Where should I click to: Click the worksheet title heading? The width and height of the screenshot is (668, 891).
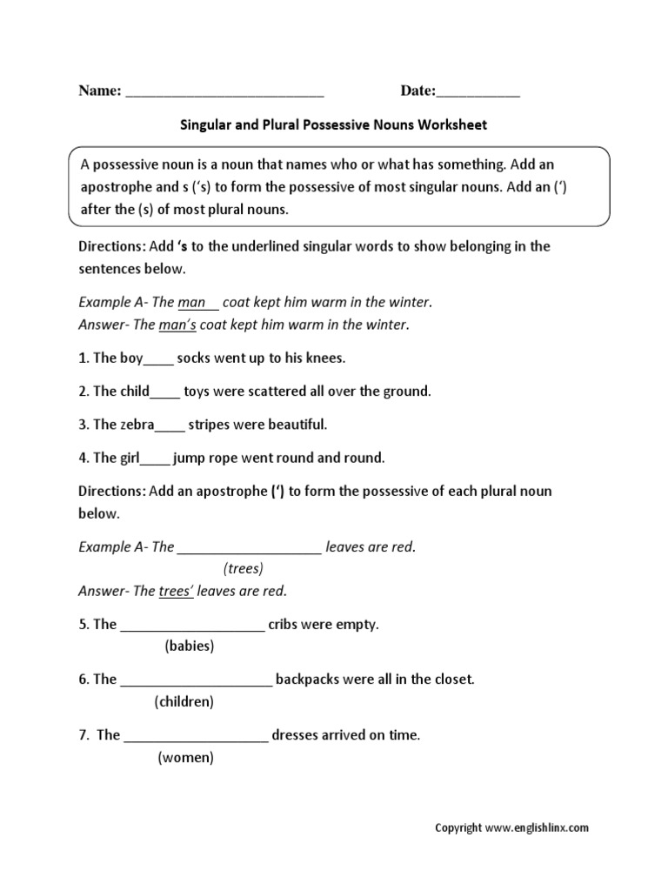[333, 124]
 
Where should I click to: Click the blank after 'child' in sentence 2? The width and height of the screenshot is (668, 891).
[165, 393]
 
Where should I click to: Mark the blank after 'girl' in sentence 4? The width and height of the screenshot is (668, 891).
[155, 459]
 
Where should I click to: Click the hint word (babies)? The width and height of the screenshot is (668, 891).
[189, 646]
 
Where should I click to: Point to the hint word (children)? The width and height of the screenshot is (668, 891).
[184, 700]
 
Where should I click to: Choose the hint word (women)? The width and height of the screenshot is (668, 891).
[185, 757]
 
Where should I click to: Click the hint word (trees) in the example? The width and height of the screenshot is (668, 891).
[243, 568]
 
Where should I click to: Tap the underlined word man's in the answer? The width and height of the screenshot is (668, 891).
[177, 325]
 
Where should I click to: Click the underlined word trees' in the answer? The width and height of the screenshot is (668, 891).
[176, 591]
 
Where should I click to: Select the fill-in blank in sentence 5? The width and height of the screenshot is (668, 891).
[192, 626]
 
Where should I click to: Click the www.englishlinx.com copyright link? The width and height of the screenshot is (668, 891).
[537, 828]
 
